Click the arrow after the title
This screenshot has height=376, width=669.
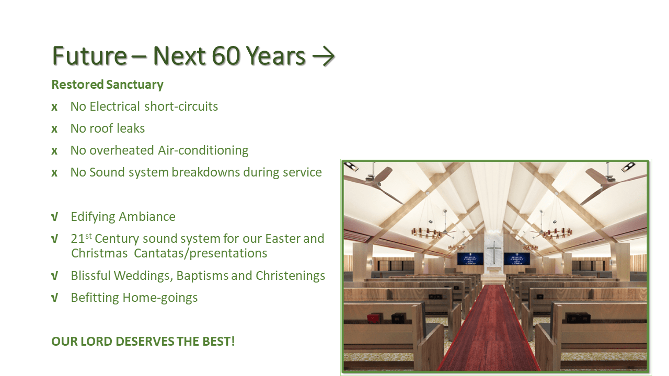(324, 56)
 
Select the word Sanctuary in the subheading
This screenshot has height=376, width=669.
(135, 85)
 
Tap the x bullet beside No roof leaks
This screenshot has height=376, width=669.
(54, 129)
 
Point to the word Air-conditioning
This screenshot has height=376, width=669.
(203, 151)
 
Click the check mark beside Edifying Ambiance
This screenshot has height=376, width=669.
(54, 217)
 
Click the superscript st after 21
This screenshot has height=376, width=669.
(88, 236)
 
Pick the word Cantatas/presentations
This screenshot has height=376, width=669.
(200, 253)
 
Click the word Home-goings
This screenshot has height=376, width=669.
(160, 298)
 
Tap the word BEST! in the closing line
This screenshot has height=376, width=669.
(218, 342)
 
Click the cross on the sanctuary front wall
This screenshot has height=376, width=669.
(494, 252)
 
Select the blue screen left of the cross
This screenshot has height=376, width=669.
(470, 258)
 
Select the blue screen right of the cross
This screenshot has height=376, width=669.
(517, 258)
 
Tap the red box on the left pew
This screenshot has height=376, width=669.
(373, 318)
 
